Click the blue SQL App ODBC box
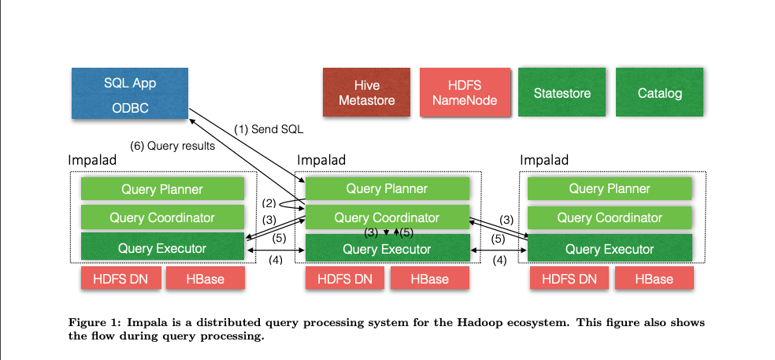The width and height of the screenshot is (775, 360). coord(129,95)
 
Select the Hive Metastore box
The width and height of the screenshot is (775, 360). coord(366,93)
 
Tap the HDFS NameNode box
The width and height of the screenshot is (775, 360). coord(464,93)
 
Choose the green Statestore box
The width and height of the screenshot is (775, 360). coord(562,93)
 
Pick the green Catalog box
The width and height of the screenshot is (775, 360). coord(659,93)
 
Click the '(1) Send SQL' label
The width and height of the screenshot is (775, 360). coord(269,129)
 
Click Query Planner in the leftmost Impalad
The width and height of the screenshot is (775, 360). coord(162,189)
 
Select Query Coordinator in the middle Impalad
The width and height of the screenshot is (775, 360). coord(387,217)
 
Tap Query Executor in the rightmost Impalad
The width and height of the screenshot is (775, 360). coord(610,249)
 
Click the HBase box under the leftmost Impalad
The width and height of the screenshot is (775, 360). coord(205,278)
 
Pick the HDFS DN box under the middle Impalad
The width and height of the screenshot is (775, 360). coord(345,278)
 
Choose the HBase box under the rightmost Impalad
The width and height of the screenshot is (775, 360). coord(654,278)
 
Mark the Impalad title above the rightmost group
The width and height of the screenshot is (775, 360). coord(544,160)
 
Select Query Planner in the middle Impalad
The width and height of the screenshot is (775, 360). coord(387,189)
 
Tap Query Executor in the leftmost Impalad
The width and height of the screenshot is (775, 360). coord(162,248)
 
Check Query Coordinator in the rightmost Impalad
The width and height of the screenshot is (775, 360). coord(610,217)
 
